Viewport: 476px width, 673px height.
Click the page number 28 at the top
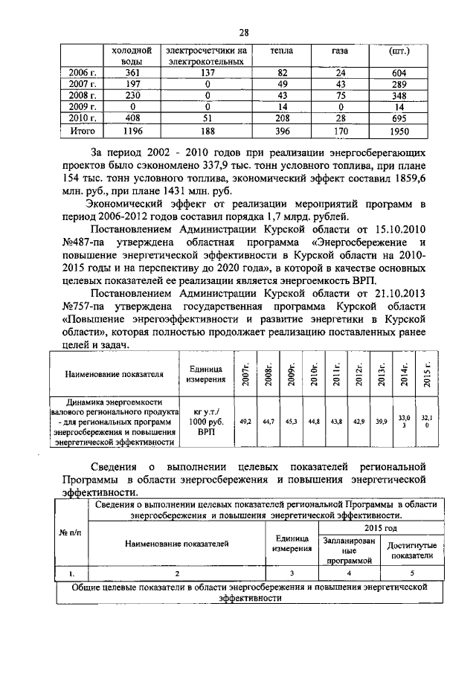[x=243, y=32]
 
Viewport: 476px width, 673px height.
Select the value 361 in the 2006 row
[x=132, y=73]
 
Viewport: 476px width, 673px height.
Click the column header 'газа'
[x=341, y=51]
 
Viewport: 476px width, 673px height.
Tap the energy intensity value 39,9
[x=381, y=421]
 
